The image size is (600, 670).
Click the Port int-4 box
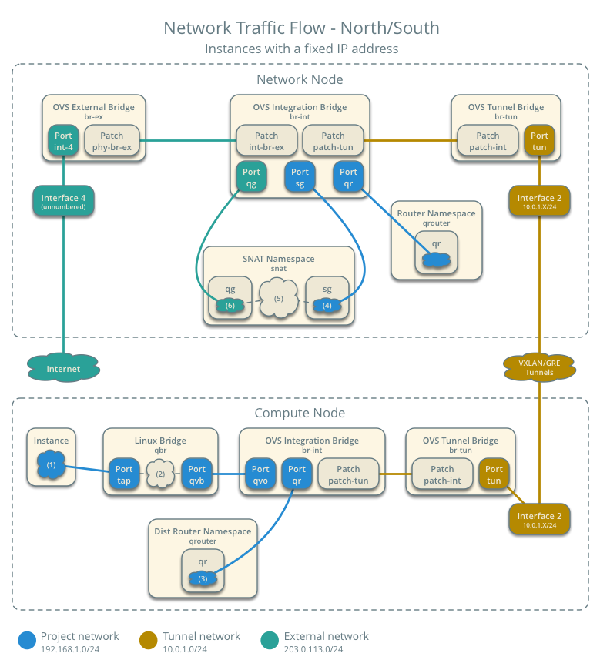(x=63, y=141)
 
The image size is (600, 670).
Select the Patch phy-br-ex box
(x=112, y=141)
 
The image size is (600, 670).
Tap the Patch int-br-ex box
(x=266, y=141)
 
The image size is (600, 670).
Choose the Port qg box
(x=251, y=177)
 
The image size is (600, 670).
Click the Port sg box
(x=300, y=177)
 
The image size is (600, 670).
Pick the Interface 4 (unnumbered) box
(x=63, y=202)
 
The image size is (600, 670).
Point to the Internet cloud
(x=63, y=369)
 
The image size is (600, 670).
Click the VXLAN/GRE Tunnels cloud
(x=539, y=367)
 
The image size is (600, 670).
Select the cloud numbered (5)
(x=279, y=299)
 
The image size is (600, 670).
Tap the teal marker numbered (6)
(x=230, y=305)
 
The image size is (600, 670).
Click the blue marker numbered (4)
(x=326, y=305)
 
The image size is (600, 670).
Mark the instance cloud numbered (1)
(x=51, y=465)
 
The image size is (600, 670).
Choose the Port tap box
(x=124, y=474)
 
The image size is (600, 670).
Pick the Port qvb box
(x=197, y=474)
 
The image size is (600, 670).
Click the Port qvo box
(x=260, y=474)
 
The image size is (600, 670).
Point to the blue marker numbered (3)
(x=203, y=578)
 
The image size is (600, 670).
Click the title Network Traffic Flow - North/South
(x=301, y=28)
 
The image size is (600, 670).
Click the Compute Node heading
(x=300, y=414)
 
